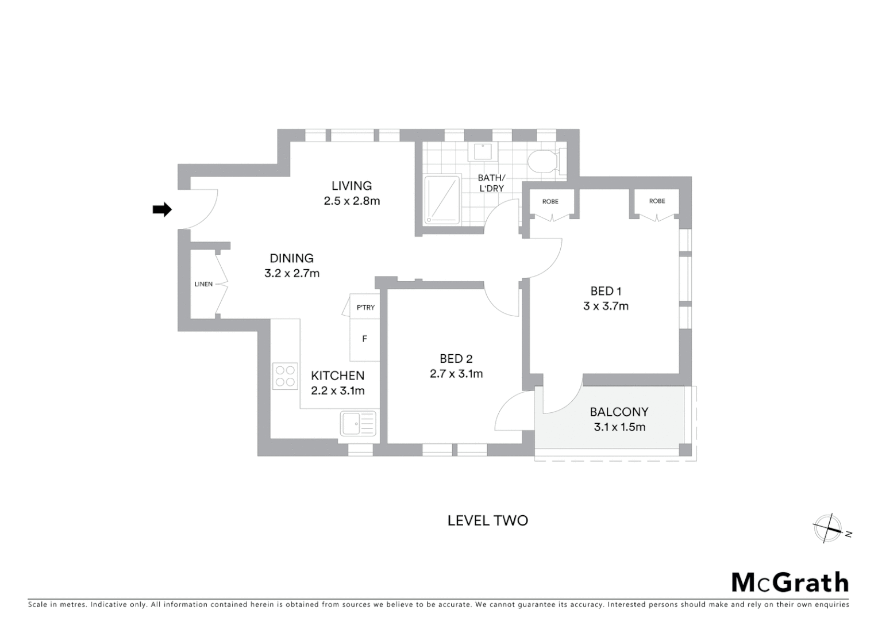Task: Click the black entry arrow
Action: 161,210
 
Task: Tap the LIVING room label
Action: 351,186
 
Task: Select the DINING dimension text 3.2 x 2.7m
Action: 292,274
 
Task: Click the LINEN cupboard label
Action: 203,284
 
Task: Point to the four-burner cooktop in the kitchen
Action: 285,376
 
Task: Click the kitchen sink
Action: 358,424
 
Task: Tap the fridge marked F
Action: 364,339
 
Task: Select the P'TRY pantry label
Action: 365,308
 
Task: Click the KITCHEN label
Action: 337,375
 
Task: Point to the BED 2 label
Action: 456,359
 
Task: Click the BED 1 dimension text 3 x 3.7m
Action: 606,306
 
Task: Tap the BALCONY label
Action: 619,412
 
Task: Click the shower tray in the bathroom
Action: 442,200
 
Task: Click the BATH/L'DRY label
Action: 491,183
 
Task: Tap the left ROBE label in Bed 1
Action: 550,201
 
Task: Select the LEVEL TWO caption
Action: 487,520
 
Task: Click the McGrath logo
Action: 790,582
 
